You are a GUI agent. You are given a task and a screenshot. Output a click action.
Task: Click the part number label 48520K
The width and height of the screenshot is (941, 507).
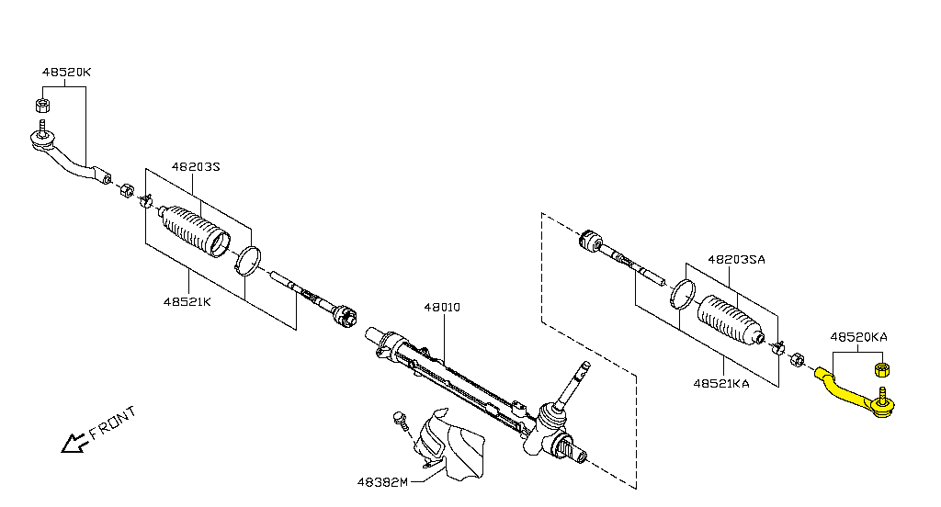coord(66,72)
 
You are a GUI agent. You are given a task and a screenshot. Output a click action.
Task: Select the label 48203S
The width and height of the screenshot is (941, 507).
coord(197,167)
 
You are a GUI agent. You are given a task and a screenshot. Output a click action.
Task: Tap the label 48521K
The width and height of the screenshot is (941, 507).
coord(187,301)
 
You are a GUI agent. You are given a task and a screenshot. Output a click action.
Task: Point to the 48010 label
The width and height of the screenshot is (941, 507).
coord(442,308)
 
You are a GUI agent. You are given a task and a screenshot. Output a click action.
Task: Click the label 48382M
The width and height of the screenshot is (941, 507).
coord(383,481)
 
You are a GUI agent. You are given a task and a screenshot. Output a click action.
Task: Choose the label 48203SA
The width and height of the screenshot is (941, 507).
coord(736,259)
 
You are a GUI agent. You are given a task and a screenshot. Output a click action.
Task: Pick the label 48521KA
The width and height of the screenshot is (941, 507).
coord(721,384)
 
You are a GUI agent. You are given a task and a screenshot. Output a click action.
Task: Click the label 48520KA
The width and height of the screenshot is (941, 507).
coord(858,337)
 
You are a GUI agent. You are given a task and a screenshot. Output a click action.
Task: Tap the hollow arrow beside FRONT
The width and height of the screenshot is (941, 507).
coord(72,444)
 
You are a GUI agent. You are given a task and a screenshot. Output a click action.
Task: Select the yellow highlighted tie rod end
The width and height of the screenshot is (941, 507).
coord(850,393)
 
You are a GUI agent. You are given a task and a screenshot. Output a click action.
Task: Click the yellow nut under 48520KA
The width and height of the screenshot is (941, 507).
coord(881,369)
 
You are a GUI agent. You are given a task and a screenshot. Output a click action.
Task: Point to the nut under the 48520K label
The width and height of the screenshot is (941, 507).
coord(42,103)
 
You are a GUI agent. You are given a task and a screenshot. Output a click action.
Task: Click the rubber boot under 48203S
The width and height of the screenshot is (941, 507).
coord(195,231)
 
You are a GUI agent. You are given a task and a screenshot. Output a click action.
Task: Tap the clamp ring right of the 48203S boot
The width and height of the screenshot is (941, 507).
coord(247,260)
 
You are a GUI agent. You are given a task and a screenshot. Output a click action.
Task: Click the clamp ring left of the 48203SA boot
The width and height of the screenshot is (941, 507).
coord(682,293)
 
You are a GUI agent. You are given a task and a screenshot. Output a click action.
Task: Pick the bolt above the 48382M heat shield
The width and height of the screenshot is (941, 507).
coord(399,420)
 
